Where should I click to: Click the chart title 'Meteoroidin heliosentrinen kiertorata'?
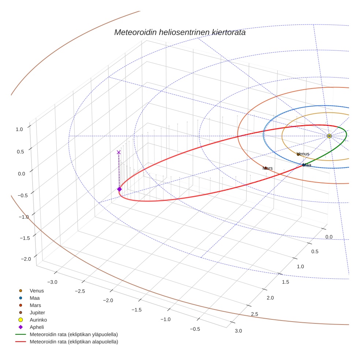click(x=180, y=32)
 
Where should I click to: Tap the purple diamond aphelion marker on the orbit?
click(x=119, y=189)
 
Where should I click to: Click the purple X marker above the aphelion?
click(x=119, y=152)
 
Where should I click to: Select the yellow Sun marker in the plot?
click(x=329, y=136)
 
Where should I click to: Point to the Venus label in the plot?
click(x=303, y=154)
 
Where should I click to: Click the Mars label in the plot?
click(x=267, y=168)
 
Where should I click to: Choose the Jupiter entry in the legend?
click(x=37, y=312)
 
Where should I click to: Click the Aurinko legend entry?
click(x=38, y=320)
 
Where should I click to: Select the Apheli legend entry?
click(x=37, y=327)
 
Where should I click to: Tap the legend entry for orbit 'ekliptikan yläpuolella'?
click(x=74, y=334)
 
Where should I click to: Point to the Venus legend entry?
click(x=37, y=290)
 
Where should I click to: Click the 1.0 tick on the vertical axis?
click(x=19, y=129)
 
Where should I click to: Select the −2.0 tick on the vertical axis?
click(x=25, y=259)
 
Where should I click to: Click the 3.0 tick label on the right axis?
click(x=238, y=331)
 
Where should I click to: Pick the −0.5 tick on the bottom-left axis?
click(x=195, y=329)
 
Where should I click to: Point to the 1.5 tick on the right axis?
click(x=285, y=282)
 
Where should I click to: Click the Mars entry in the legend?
click(x=35, y=305)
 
